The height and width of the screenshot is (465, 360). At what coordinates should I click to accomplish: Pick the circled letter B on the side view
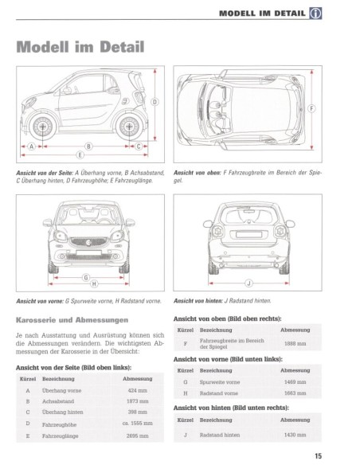click(88, 146)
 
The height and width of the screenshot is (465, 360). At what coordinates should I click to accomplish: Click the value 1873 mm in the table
click(138, 401)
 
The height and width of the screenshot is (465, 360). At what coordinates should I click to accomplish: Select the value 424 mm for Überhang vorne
click(138, 390)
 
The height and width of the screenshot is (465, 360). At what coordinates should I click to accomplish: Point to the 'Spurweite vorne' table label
click(221, 382)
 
